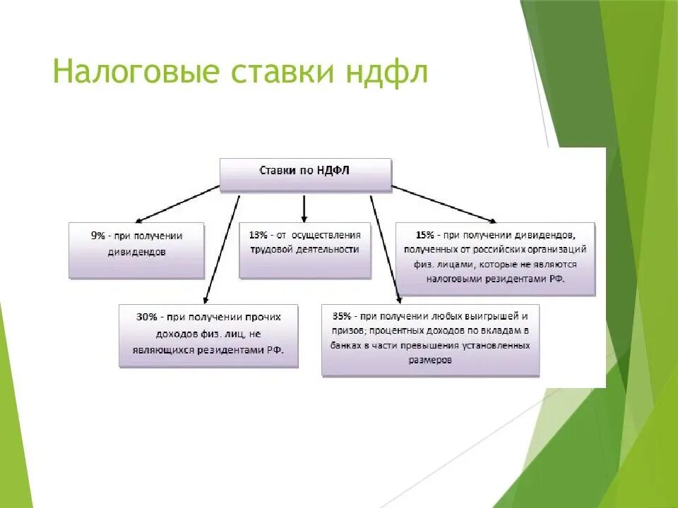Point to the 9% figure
[97, 236]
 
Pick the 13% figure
[258, 234]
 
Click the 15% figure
[425, 234]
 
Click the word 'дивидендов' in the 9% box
[138, 251]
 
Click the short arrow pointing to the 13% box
[304, 208]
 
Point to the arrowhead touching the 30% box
[205, 299]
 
